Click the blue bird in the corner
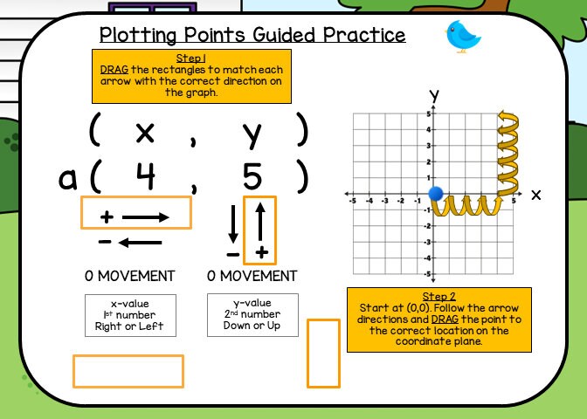coord(463,36)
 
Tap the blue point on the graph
coord(438,193)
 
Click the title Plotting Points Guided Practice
coord(252,35)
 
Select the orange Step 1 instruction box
coord(191,76)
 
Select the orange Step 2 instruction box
coord(439,319)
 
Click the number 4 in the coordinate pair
coord(146,178)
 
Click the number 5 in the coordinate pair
coord(252,178)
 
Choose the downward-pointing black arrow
coord(233,224)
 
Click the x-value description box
coord(129,315)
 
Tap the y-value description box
coord(252,315)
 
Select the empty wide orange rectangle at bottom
coord(128,370)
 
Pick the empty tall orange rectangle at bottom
coord(323,353)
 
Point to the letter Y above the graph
coord(433,95)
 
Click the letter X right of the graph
coord(535,195)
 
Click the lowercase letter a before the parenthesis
coord(68,179)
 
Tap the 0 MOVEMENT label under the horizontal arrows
coord(129,276)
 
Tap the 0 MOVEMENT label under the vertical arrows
coord(252,276)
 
